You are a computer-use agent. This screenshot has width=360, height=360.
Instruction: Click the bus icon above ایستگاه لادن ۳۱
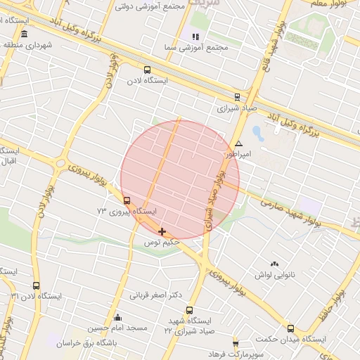(x=36, y=285)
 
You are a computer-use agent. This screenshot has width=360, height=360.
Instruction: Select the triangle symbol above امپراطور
(x=238, y=143)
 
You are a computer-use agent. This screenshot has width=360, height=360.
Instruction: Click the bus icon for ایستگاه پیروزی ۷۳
(x=127, y=200)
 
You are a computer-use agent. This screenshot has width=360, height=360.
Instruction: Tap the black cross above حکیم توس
(x=162, y=231)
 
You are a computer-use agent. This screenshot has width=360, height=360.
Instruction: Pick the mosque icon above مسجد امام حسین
(x=117, y=317)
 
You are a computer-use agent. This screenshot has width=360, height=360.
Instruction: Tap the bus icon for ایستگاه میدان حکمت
(x=290, y=328)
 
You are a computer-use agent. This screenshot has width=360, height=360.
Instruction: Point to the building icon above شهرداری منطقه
(x=25, y=34)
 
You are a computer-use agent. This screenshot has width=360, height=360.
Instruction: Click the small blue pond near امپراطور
(x=257, y=133)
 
